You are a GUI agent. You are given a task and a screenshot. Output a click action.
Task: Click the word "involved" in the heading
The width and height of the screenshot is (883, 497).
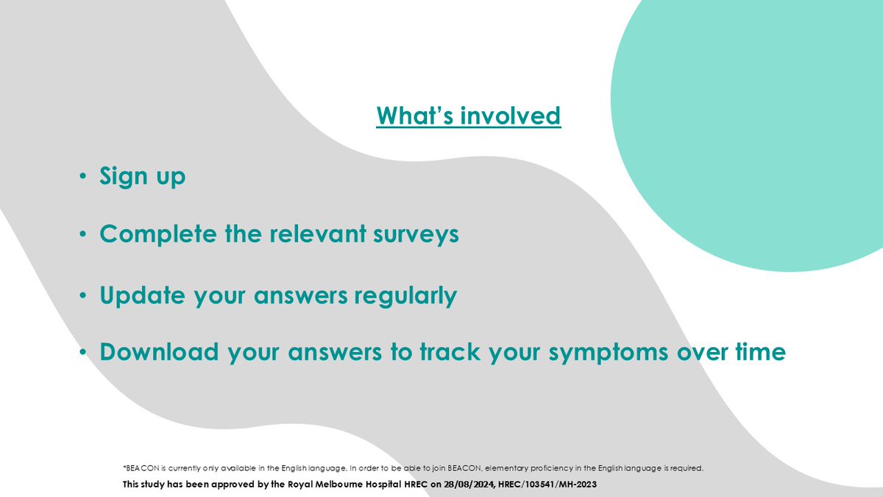click(x=511, y=116)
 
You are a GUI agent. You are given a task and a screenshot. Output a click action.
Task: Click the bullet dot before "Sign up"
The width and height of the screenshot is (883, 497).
click(x=82, y=176)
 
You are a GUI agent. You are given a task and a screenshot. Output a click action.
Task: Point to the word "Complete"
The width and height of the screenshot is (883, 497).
click(x=158, y=234)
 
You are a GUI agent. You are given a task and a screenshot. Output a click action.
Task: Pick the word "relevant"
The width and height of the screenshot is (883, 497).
click(x=318, y=233)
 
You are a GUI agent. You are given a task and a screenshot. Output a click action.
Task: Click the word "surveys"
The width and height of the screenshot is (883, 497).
click(x=416, y=235)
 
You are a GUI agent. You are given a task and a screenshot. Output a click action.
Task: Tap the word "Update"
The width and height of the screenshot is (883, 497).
click(x=142, y=295)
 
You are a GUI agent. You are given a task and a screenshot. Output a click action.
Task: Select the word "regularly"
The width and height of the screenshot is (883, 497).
click(x=405, y=295)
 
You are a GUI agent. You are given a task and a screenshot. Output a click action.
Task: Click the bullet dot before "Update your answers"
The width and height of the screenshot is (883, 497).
click(x=82, y=295)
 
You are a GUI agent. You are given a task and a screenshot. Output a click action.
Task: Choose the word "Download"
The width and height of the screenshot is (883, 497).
click(x=159, y=351)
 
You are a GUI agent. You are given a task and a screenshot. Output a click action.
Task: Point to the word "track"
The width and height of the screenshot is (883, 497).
click(x=450, y=351)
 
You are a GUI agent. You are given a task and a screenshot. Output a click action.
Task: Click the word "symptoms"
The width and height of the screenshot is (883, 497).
click(x=609, y=353)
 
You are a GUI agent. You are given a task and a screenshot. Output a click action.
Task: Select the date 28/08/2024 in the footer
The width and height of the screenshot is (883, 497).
click(x=469, y=484)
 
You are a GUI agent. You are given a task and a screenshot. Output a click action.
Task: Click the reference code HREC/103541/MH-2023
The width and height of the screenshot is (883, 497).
click(x=547, y=484)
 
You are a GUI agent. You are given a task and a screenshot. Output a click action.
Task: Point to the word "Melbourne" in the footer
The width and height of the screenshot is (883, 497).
click(x=339, y=484)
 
